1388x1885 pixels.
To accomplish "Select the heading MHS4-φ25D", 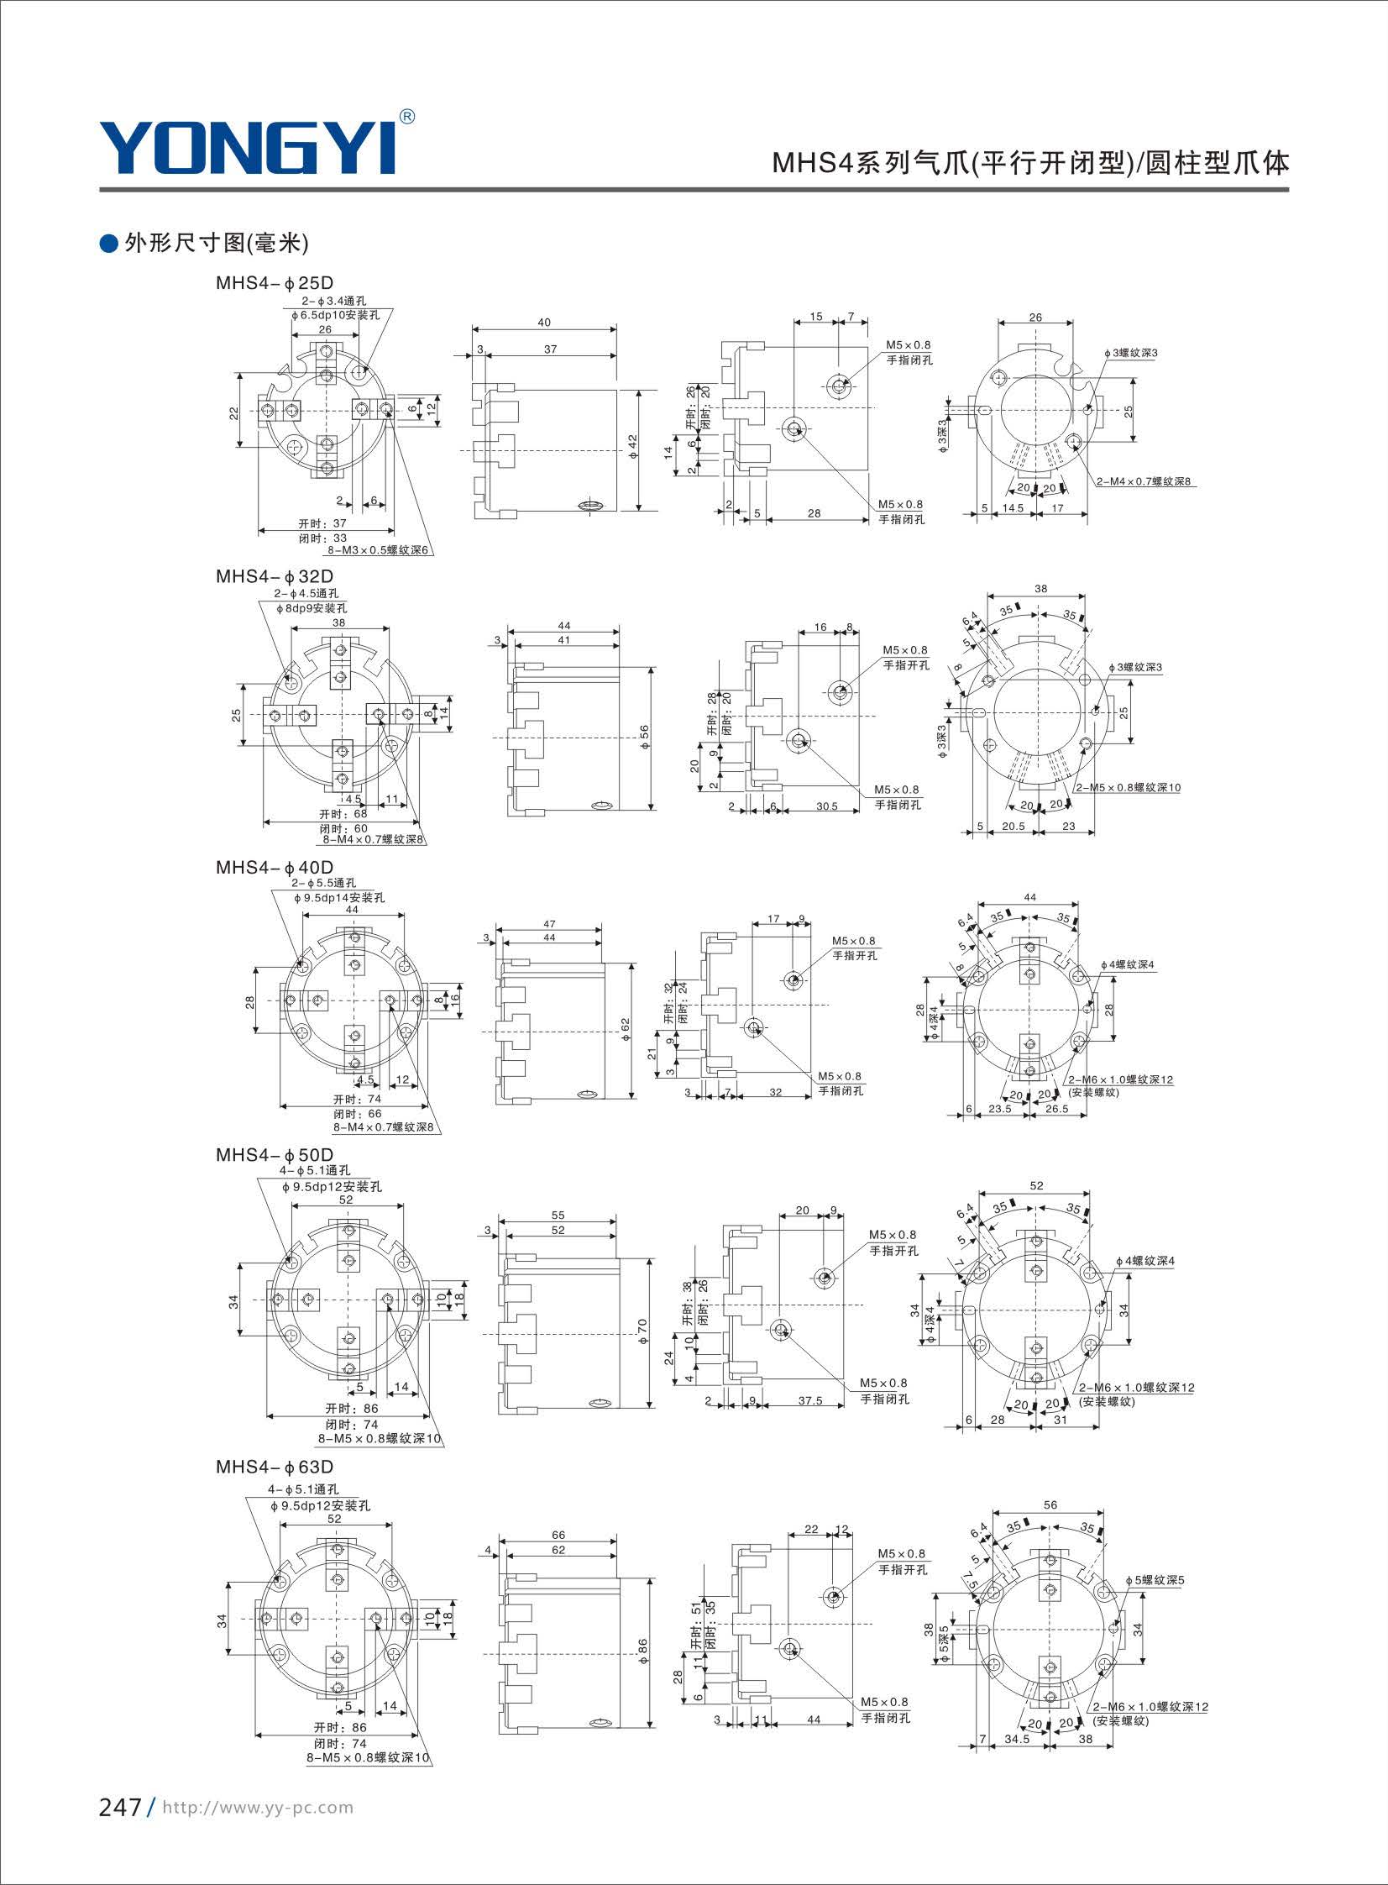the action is click(275, 283).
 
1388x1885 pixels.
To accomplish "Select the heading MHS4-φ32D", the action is click(275, 576).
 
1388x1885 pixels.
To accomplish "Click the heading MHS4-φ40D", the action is click(275, 867).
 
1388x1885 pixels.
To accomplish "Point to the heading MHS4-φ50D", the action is click(275, 1155).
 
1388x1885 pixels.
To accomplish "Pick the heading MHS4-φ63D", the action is click(275, 1467).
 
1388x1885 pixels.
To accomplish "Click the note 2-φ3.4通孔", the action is click(333, 301).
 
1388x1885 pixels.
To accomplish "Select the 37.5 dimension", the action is click(810, 1402).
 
